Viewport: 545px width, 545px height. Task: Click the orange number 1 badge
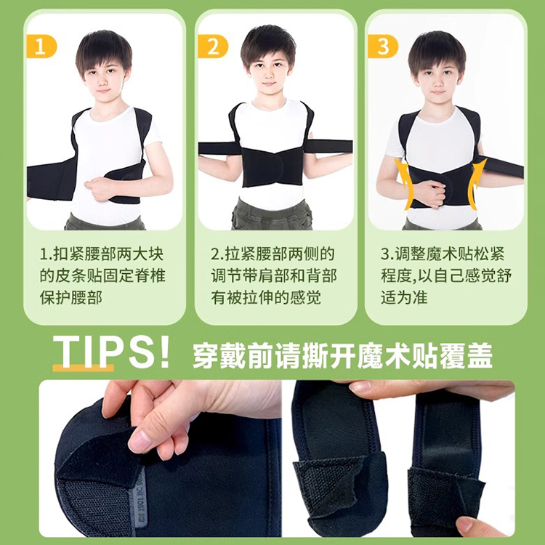click(41, 47)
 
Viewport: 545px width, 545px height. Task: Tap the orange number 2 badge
click(213, 47)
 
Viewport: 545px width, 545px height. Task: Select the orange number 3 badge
click(383, 47)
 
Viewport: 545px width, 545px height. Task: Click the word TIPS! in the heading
click(111, 352)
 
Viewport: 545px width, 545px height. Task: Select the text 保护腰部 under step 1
click(71, 297)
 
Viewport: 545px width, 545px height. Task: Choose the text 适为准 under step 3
click(404, 297)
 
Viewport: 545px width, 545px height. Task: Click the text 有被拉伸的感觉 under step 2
click(266, 297)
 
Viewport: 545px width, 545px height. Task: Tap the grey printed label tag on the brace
click(139, 500)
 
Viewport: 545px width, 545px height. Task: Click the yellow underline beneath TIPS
click(83, 368)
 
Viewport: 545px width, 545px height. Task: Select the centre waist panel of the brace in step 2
click(272, 166)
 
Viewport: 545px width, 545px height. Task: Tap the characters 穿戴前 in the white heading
click(233, 355)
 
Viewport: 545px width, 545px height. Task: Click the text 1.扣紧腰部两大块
click(102, 254)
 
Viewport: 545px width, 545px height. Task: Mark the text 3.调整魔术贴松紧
click(443, 254)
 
